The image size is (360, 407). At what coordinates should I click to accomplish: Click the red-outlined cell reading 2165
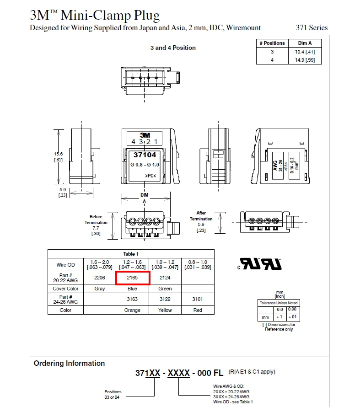[133, 278]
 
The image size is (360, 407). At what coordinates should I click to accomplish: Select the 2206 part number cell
[99, 278]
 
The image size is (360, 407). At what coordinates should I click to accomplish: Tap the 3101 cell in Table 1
[198, 299]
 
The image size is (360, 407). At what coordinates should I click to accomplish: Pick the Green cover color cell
[165, 289]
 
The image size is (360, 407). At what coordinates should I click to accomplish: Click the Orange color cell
[133, 310]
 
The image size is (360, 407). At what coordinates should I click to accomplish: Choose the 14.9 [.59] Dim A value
[305, 60]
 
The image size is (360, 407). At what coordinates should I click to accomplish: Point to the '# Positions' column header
[272, 43]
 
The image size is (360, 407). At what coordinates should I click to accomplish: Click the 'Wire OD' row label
[65, 264]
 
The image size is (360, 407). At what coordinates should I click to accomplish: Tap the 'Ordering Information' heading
[69, 363]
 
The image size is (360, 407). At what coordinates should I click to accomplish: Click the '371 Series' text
[312, 27]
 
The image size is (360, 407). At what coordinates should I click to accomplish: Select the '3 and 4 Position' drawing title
[173, 48]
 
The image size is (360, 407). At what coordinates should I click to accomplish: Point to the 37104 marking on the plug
[145, 155]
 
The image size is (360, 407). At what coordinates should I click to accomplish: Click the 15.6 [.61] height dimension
[59, 157]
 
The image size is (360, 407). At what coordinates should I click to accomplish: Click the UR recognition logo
[260, 264]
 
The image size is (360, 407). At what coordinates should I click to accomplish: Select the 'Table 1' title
[131, 253]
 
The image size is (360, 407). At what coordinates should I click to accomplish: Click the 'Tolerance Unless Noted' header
[278, 303]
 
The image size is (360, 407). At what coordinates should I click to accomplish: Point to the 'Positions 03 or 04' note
[113, 394]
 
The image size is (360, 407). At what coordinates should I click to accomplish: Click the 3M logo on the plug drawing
[145, 135]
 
